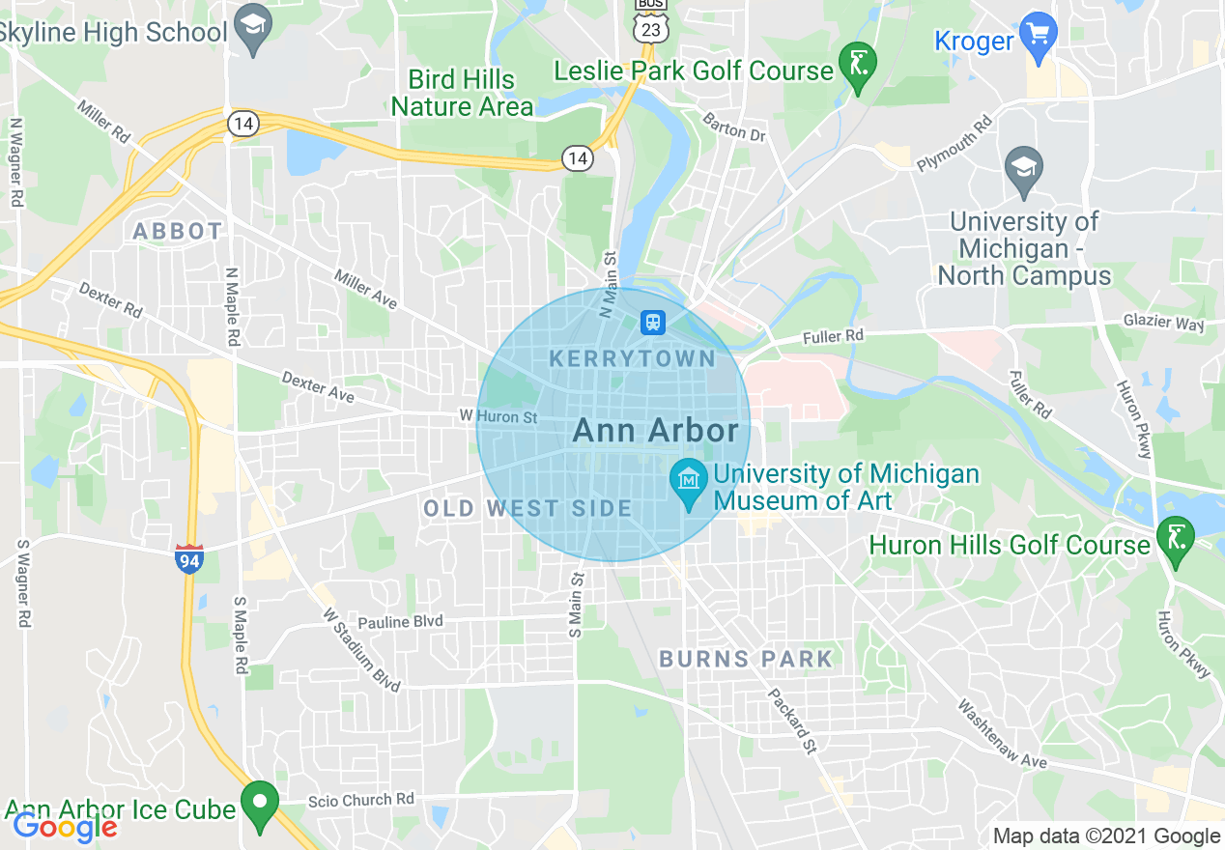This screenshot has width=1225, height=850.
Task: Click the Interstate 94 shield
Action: [189, 558]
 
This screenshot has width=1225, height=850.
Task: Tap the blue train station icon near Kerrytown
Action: [653, 322]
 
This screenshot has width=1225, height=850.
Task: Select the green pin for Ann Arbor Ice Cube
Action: [259, 805]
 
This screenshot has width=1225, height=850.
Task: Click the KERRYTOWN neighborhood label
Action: [633, 359]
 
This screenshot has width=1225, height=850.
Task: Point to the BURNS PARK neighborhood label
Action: [745, 660]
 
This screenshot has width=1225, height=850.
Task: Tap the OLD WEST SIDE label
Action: [527, 508]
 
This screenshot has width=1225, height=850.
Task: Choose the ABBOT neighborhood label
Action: [178, 232]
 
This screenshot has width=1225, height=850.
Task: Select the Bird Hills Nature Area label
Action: [462, 93]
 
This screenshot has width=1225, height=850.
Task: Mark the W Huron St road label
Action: [498, 417]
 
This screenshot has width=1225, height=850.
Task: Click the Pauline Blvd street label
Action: [400, 622]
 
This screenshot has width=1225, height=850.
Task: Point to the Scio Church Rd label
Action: [361, 799]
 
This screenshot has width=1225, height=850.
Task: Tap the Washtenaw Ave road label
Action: [1002, 735]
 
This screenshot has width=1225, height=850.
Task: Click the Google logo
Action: [64, 827]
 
